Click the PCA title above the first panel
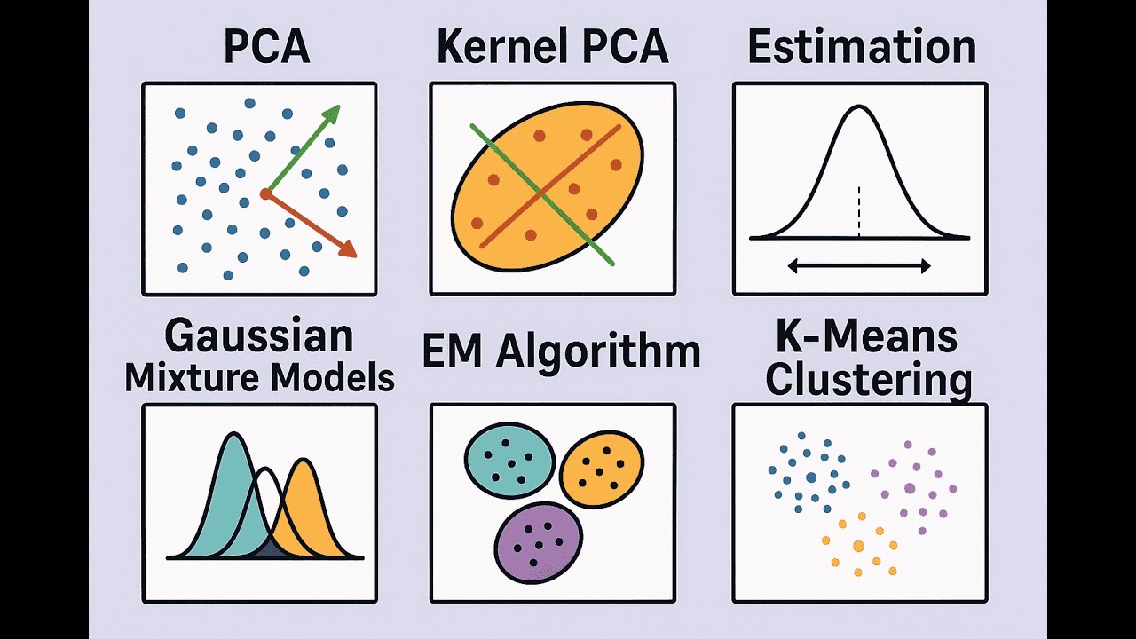[266, 47]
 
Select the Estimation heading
[861, 47]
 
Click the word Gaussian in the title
[259, 337]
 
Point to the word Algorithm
[598, 351]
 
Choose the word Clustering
[868, 380]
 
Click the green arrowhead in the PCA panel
[331, 114]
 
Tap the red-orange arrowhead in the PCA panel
[347, 249]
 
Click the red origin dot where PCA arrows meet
[265, 193]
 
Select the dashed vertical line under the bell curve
[859, 211]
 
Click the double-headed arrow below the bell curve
[858, 265]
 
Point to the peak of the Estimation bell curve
[858, 108]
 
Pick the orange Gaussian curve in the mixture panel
[311, 506]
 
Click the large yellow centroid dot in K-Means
[858, 546]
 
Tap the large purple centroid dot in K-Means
[910, 488]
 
